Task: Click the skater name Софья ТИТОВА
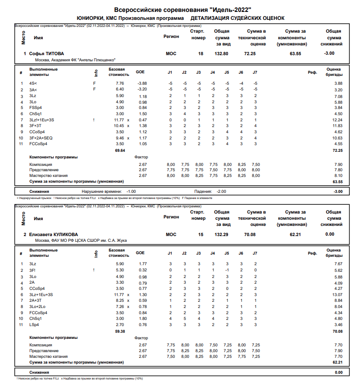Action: point(49,53)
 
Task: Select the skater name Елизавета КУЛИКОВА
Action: point(53,234)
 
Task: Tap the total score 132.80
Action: point(221,53)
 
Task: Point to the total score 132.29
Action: point(221,234)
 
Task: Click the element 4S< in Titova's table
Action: point(33,83)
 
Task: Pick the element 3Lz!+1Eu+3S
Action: point(41,120)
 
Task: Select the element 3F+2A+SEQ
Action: point(41,138)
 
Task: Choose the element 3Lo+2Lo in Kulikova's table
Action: point(37,307)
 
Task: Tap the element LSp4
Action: point(34,325)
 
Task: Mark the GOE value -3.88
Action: point(142,83)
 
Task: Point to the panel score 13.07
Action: point(337,295)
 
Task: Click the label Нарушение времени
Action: point(102,191)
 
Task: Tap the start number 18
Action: point(201,53)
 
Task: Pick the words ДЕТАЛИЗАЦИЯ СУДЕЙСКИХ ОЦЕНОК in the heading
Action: point(237,18)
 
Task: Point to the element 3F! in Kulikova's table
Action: point(33,270)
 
